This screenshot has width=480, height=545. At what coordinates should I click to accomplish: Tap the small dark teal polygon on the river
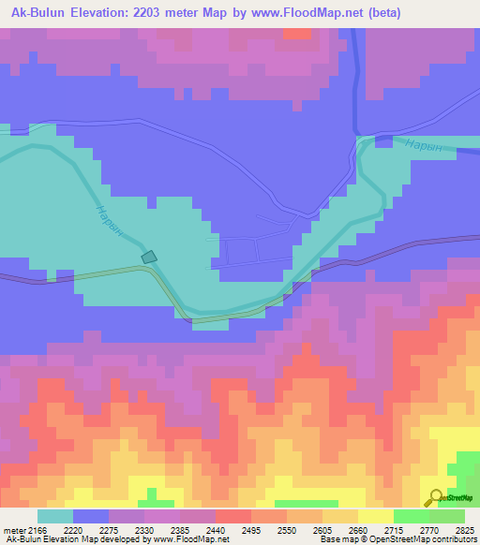coord(149,256)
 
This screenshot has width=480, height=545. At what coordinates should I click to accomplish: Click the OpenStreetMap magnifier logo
coord(435,497)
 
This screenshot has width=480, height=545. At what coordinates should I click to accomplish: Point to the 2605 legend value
coord(323,529)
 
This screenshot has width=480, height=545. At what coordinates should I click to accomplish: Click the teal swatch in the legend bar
coord(55,516)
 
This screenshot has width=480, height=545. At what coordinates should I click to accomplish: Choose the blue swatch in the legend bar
coord(91,516)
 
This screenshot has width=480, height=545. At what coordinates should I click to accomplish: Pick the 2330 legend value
coord(143,529)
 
